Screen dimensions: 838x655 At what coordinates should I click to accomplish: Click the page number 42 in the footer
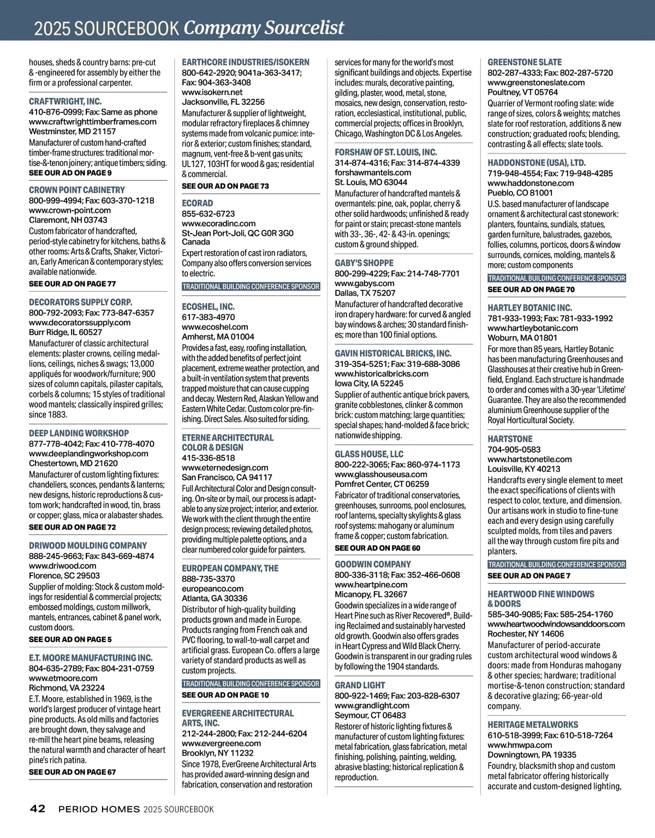[x=38, y=809]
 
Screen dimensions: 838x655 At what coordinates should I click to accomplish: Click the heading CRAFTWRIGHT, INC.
[x=65, y=102]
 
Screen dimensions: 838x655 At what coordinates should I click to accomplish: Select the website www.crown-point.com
[x=69, y=210]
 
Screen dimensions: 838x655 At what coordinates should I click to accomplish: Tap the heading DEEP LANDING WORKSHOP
[x=79, y=433]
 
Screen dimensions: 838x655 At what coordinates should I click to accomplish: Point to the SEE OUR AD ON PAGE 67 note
[x=72, y=772]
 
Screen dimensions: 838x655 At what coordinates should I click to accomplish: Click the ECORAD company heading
[x=197, y=203]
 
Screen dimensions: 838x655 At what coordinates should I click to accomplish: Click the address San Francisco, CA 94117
[x=227, y=477]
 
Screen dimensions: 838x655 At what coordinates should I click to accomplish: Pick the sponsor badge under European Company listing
[x=251, y=684]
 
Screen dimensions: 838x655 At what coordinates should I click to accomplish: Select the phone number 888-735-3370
[x=208, y=579]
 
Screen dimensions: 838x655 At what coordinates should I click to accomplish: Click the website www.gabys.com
[x=364, y=283]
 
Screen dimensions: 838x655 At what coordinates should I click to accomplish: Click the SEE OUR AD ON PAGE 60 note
[x=377, y=548]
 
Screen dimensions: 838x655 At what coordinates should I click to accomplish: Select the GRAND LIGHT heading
[x=360, y=685]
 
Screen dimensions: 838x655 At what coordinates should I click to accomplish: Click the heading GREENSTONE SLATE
[x=524, y=62]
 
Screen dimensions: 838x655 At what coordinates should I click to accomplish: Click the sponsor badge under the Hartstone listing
[x=557, y=564]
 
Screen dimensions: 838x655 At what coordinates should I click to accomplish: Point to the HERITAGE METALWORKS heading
[x=532, y=725]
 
